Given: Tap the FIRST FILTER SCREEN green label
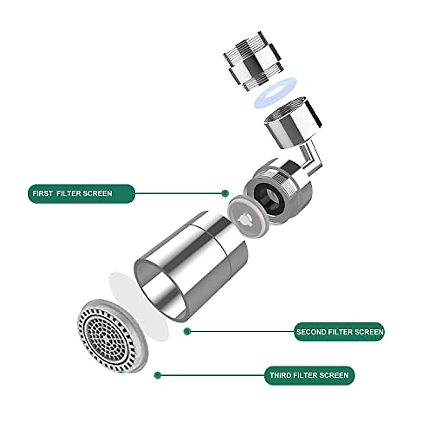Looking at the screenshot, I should pos(81,193).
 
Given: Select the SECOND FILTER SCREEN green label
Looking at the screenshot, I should pos(339,332).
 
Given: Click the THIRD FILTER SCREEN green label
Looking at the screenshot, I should pos(309,375).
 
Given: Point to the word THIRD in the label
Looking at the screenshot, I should pos(280,375).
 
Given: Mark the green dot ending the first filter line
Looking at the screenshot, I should pos(226,193).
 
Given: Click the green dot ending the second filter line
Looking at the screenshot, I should pos(187,331).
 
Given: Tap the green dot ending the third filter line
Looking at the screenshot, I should pos(157,375).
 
